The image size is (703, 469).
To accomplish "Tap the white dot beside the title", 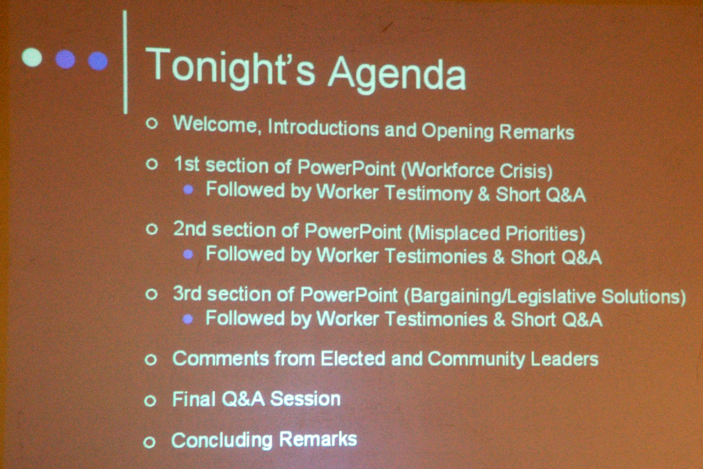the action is [32, 57].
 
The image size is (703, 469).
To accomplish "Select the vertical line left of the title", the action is [125, 62].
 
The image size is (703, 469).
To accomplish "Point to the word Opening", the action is [458, 131].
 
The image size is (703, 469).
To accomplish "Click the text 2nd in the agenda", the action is [190, 229].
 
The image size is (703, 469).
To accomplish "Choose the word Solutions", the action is [643, 297].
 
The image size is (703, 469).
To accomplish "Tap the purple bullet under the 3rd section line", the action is [188, 319].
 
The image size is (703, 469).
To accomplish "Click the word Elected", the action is [353, 358].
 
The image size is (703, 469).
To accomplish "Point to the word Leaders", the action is [564, 359].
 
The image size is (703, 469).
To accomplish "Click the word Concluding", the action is [222, 440].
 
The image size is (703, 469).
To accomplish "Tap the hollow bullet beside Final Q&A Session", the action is [150, 401].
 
